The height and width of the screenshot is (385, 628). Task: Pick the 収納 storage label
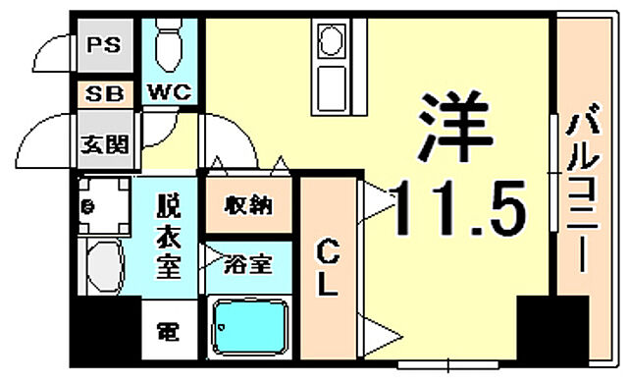[247, 206]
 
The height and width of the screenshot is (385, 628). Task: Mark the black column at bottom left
[105, 331]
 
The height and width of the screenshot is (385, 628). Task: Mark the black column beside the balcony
[539, 331]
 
